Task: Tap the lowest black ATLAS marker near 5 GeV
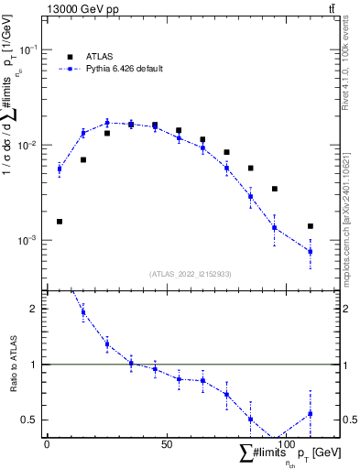click(x=60, y=222)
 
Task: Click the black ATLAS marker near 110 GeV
click(x=311, y=226)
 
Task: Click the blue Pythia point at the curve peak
click(x=107, y=122)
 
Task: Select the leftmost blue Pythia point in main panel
click(x=60, y=169)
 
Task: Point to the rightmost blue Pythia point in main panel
click(x=311, y=251)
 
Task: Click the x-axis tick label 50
click(x=167, y=443)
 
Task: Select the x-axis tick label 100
click(x=287, y=443)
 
